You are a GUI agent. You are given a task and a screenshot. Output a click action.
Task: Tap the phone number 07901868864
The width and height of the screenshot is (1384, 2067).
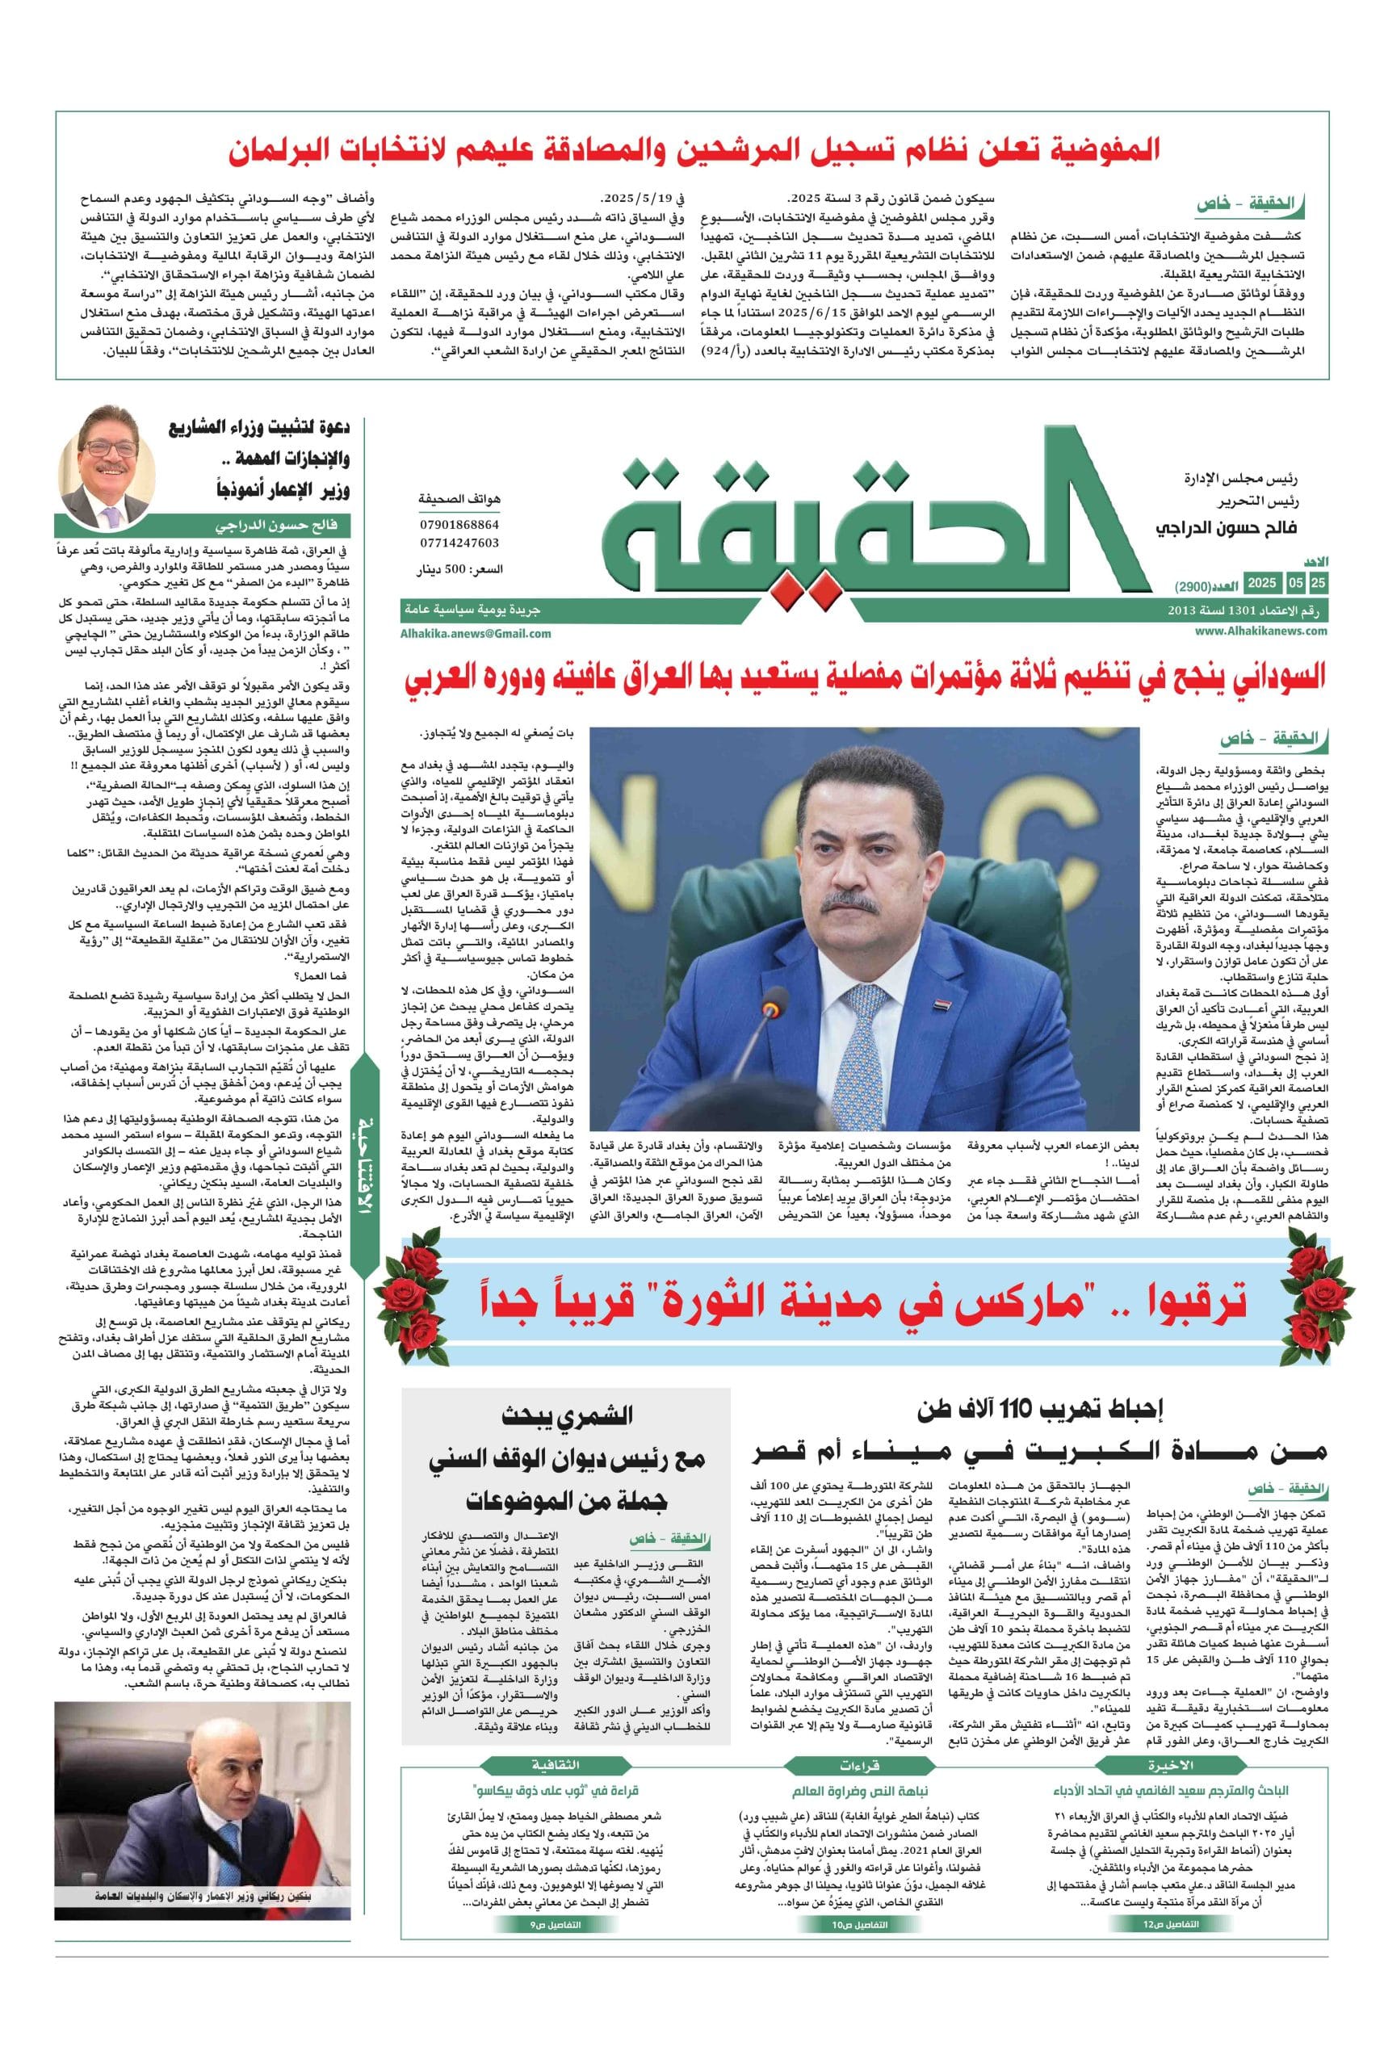pyautogui.click(x=461, y=524)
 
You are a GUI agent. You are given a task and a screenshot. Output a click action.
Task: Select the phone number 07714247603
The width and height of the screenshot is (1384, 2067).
pyautogui.click(x=461, y=543)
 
